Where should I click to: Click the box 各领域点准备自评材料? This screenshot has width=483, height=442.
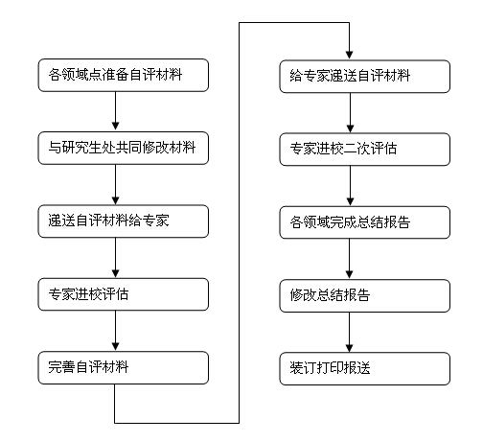point(124,75)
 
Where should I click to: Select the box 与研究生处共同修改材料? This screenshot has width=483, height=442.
point(124,148)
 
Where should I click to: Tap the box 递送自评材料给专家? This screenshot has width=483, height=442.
point(124,221)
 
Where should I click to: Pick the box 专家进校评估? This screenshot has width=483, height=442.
point(124,294)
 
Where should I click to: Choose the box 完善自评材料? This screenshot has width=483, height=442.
point(124,367)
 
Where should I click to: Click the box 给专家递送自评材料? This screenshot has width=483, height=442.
point(365,77)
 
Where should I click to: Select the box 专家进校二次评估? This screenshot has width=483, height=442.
point(365,150)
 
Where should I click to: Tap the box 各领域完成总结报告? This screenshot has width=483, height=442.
point(365,222)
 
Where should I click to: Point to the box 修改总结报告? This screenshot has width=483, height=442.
point(365,295)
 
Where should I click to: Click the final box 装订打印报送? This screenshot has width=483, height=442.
point(365,368)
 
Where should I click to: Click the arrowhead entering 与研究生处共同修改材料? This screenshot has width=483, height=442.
point(116,127)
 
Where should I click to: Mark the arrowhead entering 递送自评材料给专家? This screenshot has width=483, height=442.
point(116,200)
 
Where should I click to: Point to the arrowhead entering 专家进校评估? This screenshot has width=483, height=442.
point(116,273)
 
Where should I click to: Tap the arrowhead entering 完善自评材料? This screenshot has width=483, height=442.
point(116,347)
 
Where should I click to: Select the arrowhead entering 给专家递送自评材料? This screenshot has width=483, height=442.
point(350,56)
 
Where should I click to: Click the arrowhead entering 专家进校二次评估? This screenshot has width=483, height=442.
point(350,128)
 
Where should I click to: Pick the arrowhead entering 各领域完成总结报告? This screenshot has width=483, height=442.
point(350,201)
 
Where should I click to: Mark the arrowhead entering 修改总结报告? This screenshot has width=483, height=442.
point(350,274)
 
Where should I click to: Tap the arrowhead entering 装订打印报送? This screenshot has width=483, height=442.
point(350,348)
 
